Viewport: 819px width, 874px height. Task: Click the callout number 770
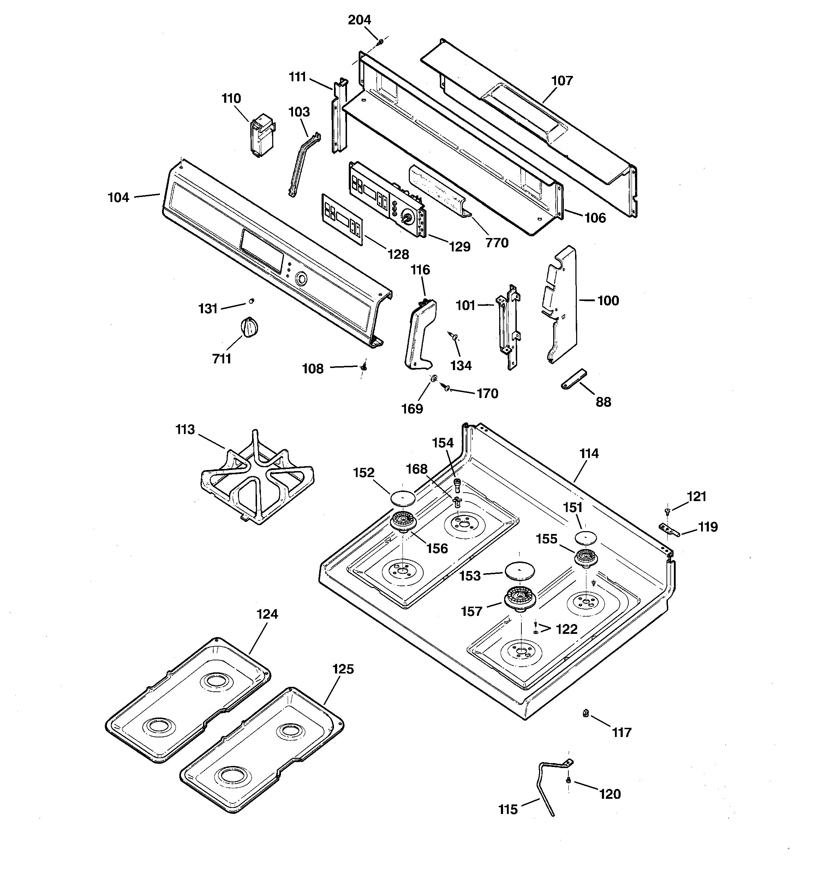497,243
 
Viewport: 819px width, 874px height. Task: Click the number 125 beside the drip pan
343,669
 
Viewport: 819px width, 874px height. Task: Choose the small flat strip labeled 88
574,379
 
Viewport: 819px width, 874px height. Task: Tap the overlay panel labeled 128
342,219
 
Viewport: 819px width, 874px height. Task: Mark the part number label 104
119,198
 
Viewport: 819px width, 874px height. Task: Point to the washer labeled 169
434,378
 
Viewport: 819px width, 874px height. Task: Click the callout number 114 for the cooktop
589,454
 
